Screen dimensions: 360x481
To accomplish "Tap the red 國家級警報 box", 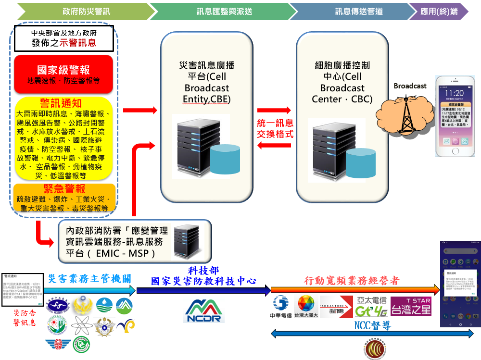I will (x=63, y=74).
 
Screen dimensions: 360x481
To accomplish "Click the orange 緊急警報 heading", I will (x=64, y=188).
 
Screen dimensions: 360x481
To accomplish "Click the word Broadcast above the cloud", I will (x=410, y=86).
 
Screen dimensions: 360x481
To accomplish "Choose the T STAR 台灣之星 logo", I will (x=411, y=306).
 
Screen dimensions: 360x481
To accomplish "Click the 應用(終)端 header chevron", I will (x=439, y=11).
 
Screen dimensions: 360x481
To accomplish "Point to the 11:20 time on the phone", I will (x=454, y=92).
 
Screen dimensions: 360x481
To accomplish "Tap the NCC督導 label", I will (x=372, y=326).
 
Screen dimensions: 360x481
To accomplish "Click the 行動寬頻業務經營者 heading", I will (x=352, y=280).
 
